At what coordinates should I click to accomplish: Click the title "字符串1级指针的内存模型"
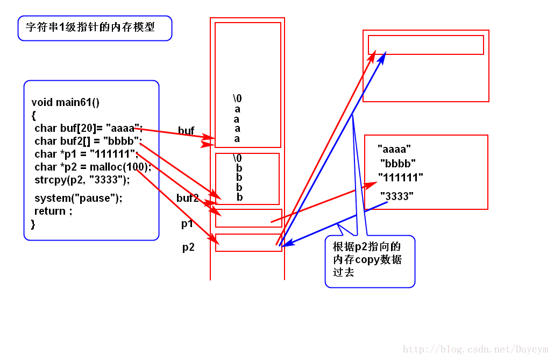[90, 26]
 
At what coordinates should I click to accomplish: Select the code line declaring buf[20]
[88, 128]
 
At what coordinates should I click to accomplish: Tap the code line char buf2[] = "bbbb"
[88, 141]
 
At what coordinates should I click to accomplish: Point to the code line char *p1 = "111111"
[86, 154]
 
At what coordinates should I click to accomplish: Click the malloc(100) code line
[93, 167]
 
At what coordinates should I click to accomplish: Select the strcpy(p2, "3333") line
[82, 179]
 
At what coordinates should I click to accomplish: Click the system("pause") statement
[78, 198]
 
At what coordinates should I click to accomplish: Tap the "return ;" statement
[53, 211]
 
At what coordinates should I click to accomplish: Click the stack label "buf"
[186, 131]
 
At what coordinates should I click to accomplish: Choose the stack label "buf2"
[188, 198]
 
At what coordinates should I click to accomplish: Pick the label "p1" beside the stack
[187, 224]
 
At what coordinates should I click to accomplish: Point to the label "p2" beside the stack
[188, 248]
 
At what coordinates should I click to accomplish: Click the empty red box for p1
[248, 218]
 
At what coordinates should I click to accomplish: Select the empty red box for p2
[248, 243]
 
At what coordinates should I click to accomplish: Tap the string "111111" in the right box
[400, 177]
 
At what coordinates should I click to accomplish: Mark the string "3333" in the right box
[397, 196]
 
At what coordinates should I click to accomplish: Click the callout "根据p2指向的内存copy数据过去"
[370, 259]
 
